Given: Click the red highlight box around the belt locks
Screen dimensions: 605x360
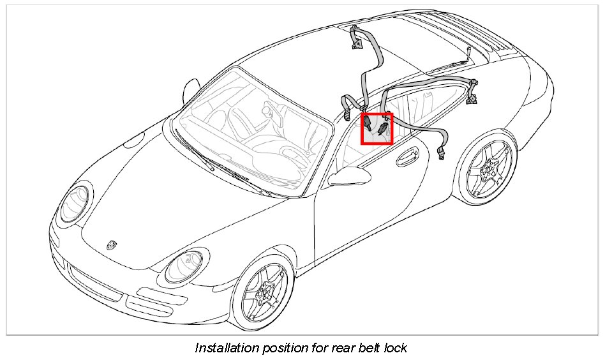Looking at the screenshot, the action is point(377,129).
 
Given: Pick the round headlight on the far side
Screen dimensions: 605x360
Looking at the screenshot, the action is point(75,203).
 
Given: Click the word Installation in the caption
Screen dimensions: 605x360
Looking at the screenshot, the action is point(225,348).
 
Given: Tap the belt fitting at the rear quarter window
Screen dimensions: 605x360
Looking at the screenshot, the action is point(473,89).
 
